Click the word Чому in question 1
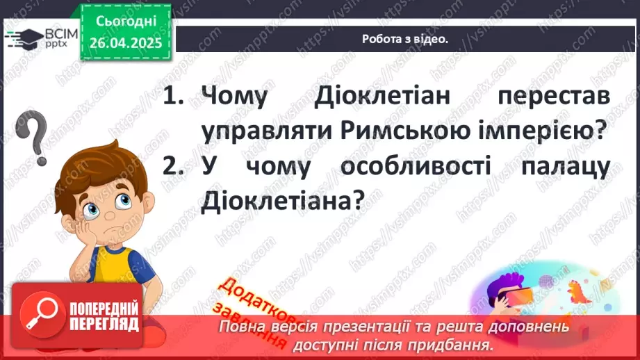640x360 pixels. [233, 97]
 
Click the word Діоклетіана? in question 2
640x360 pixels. [282, 202]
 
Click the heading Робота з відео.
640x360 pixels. [405, 39]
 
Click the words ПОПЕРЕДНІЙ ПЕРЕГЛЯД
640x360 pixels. [104, 318]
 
